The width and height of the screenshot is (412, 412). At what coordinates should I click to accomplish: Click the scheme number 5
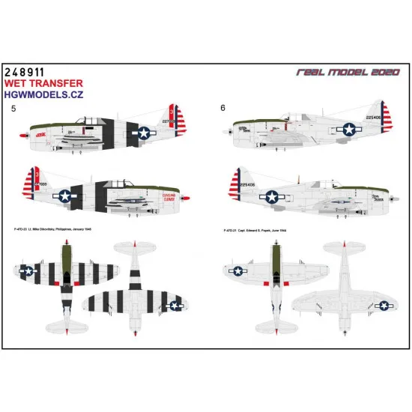pos(13,109)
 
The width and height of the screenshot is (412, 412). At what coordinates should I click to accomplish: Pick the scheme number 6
pos(222,109)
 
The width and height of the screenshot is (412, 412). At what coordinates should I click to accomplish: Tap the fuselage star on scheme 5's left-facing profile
pos(144,133)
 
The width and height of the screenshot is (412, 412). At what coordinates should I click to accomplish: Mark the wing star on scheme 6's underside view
pos(384,305)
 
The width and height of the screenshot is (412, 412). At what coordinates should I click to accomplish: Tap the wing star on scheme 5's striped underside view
pos(175,304)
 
